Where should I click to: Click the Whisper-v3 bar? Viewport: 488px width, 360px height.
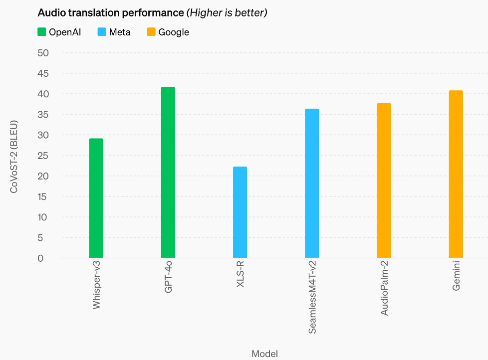point(96,198)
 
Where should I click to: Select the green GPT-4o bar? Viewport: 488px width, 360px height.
point(168,172)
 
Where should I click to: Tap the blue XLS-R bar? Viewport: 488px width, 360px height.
point(240,212)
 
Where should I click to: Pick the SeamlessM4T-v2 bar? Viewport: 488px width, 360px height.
point(312,183)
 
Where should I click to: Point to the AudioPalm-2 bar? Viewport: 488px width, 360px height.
point(384,180)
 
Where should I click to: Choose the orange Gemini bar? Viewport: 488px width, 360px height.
point(456,174)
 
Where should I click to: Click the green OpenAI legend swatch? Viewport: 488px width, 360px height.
point(42,32)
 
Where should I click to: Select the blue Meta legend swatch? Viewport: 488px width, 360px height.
point(102,32)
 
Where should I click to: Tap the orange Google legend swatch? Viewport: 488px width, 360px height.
point(151,32)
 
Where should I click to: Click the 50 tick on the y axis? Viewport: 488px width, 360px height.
point(43,53)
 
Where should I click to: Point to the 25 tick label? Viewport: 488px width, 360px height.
point(43,156)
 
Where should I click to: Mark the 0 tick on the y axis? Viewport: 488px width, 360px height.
point(40,258)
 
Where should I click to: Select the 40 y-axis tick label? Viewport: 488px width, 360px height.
point(43,94)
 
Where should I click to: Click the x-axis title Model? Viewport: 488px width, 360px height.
point(264,354)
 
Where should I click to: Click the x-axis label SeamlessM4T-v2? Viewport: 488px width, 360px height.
point(312,298)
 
